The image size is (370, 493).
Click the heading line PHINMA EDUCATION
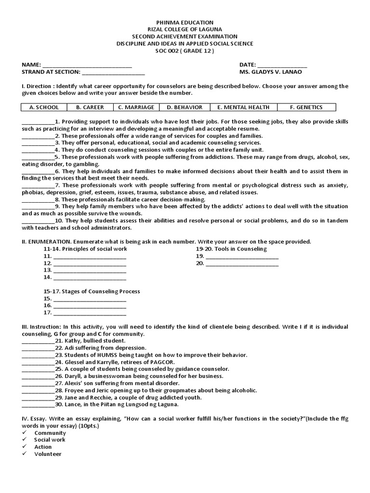[x=185, y=23]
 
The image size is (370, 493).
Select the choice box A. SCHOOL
[x=44, y=107]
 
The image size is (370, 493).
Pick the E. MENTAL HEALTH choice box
[x=243, y=107]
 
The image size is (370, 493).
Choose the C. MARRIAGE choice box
[x=136, y=107]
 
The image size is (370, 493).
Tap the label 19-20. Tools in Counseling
[x=231, y=249]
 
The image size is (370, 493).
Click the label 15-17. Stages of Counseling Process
[x=92, y=291]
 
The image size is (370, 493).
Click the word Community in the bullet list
[x=50, y=433]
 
